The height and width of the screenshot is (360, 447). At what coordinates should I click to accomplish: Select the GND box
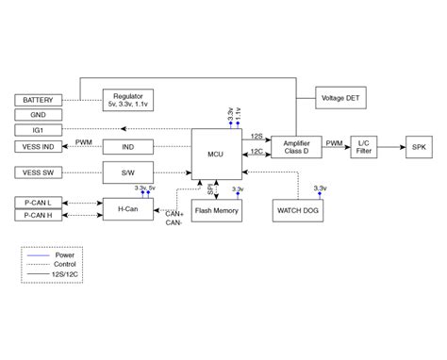[39, 114]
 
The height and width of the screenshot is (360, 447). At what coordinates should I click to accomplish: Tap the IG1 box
[39, 129]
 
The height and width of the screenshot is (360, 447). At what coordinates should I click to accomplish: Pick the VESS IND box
[39, 146]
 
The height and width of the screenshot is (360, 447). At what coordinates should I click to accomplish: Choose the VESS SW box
[39, 172]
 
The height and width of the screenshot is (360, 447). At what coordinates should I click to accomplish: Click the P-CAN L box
[39, 202]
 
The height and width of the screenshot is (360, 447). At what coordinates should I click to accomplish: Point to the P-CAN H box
[39, 216]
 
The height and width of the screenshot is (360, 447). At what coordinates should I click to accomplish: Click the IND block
[128, 146]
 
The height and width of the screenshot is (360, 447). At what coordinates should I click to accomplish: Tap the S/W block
[128, 172]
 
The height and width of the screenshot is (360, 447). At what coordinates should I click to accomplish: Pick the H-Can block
[128, 209]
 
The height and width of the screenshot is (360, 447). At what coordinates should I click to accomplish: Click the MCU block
[217, 151]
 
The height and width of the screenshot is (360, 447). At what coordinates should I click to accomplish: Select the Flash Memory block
[217, 210]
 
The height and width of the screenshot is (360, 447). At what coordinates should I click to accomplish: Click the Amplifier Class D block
[296, 145]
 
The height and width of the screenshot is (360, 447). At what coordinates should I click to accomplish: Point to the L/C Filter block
[364, 146]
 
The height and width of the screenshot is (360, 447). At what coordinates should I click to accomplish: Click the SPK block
[418, 146]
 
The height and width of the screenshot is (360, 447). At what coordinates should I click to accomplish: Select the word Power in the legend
[64, 255]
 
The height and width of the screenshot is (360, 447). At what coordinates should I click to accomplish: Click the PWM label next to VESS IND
[84, 142]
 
